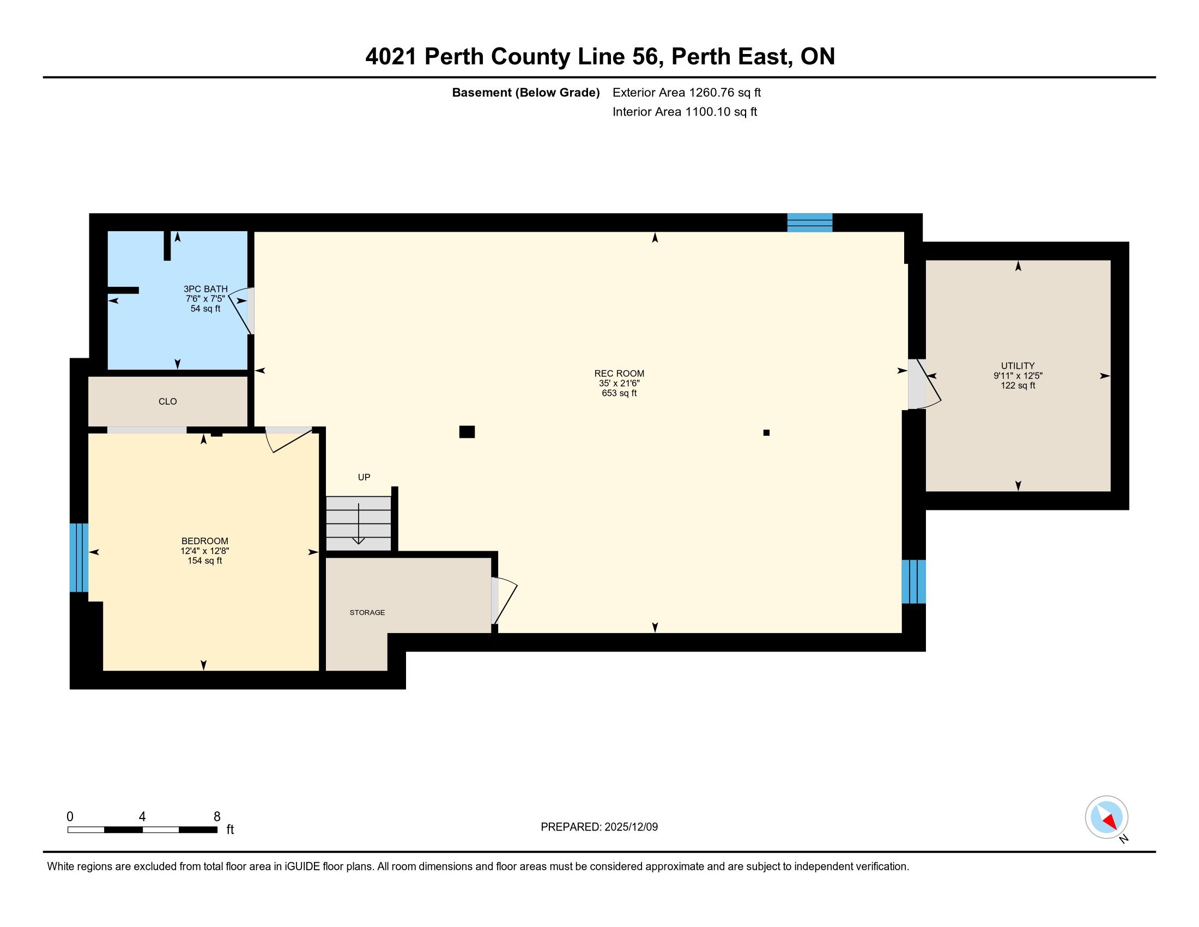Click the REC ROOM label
click(619, 374)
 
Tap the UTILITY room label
click(1018, 366)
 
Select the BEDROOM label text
click(205, 541)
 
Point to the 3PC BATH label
click(205, 289)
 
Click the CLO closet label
click(167, 401)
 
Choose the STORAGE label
click(367, 612)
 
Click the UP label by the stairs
click(364, 477)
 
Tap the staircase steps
click(359, 523)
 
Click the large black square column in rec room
click(467, 432)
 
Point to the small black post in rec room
click(766, 433)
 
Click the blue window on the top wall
click(810, 222)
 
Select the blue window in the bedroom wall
click(79, 557)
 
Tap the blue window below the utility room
click(913, 582)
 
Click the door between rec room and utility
click(924, 384)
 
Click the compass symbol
click(1106, 817)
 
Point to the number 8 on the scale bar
click(217, 817)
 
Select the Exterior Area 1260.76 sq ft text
click(687, 92)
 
